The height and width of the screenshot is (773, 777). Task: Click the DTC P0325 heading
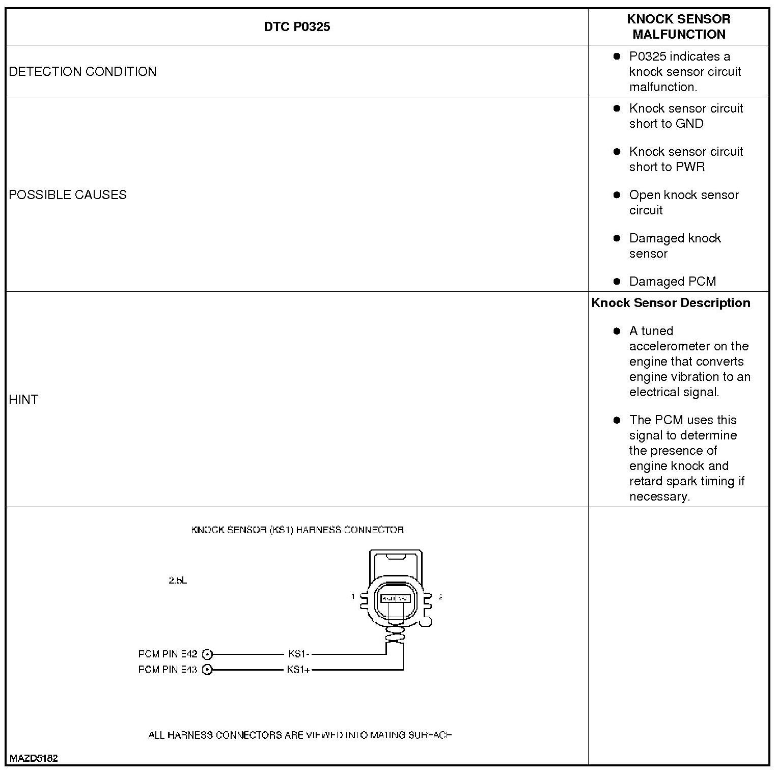pyautogui.click(x=297, y=26)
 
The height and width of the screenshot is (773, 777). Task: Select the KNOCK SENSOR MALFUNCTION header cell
pyautogui.click(x=678, y=26)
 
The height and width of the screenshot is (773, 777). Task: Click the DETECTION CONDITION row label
pyautogui.click(x=82, y=71)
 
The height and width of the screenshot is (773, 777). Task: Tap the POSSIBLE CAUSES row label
pyautogui.click(x=68, y=195)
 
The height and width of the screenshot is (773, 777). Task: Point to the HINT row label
pyautogui.click(x=23, y=399)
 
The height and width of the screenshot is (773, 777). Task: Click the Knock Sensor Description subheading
pyautogui.click(x=671, y=303)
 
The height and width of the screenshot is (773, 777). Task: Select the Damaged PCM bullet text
pyautogui.click(x=672, y=282)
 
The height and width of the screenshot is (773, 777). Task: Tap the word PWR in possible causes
pyautogui.click(x=690, y=167)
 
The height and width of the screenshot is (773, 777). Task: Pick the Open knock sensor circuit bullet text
pyautogui.click(x=683, y=202)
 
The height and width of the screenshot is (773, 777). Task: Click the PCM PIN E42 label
pyautogui.click(x=168, y=654)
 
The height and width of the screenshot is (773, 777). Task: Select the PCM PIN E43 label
pyautogui.click(x=168, y=669)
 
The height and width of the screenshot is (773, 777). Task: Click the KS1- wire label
pyautogui.click(x=299, y=654)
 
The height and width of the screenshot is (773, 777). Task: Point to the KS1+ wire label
pyautogui.click(x=298, y=669)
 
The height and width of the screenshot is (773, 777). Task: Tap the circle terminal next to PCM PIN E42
pyautogui.click(x=207, y=654)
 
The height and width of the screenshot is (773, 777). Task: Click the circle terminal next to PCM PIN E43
pyautogui.click(x=207, y=670)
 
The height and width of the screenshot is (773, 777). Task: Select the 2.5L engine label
pyautogui.click(x=178, y=580)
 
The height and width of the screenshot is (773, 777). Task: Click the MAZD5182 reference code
pyautogui.click(x=34, y=758)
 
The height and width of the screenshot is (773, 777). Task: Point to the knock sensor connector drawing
pyautogui.click(x=396, y=596)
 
